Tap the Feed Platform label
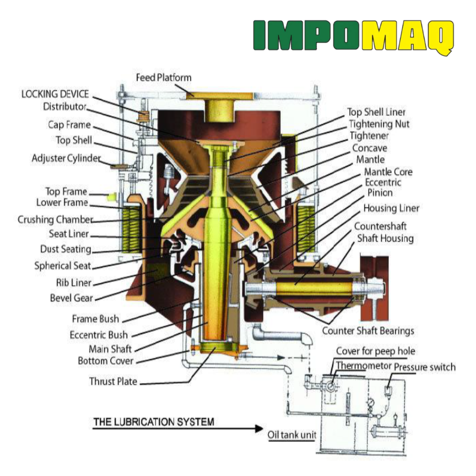coord(164,78)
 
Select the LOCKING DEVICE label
coord(55,94)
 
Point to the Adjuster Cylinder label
coord(66,158)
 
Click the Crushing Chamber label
coord(55,219)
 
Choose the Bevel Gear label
coord(71,298)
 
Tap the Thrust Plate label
coord(113,381)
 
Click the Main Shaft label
coord(110,349)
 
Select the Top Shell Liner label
coord(377,112)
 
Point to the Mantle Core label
coord(388,172)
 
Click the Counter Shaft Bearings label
coord(368,331)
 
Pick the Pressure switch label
coord(425,367)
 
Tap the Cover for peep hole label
coord(376,351)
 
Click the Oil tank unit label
coord(292,435)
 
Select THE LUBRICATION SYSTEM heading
coord(154,422)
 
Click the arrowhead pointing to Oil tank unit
coord(259,429)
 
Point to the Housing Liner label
coord(391,208)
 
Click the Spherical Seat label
coord(62,266)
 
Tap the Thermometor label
coord(363,366)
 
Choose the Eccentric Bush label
coord(99,335)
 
